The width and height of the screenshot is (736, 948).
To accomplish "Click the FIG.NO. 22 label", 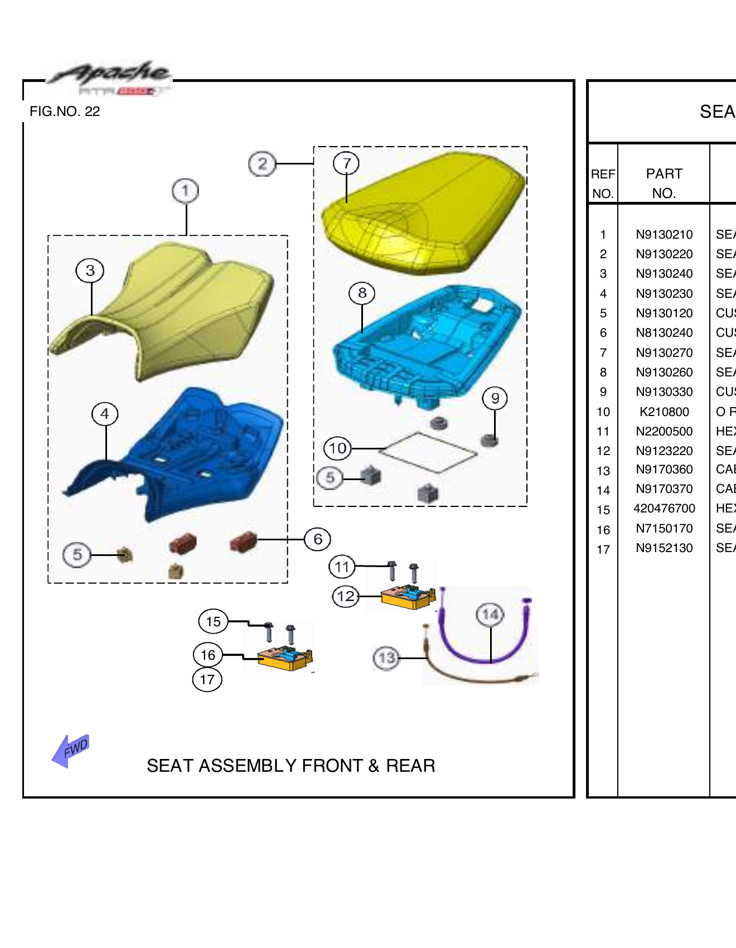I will pyautogui.click(x=65, y=112).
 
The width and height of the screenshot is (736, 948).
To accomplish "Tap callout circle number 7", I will pyautogui.click(x=346, y=163).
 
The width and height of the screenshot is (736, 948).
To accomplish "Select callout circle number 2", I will pyautogui.click(x=262, y=164).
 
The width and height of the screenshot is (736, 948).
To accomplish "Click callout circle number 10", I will pyautogui.click(x=337, y=448).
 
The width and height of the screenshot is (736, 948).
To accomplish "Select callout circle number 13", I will pyautogui.click(x=386, y=658).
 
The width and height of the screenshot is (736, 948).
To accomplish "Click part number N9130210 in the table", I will pyautogui.click(x=664, y=235).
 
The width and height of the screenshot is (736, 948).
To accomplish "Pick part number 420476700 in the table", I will pyautogui.click(x=664, y=509).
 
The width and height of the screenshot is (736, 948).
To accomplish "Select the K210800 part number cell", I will pyautogui.click(x=664, y=412).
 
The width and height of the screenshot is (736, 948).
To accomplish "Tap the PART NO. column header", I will pyautogui.click(x=664, y=183).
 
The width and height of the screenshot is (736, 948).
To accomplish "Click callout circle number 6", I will pyautogui.click(x=317, y=539).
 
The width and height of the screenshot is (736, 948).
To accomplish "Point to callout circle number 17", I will pyautogui.click(x=207, y=680).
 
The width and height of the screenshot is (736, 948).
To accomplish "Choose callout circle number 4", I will pyautogui.click(x=105, y=414).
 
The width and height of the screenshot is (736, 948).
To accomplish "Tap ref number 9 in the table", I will pyautogui.click(x=603, y=392).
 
